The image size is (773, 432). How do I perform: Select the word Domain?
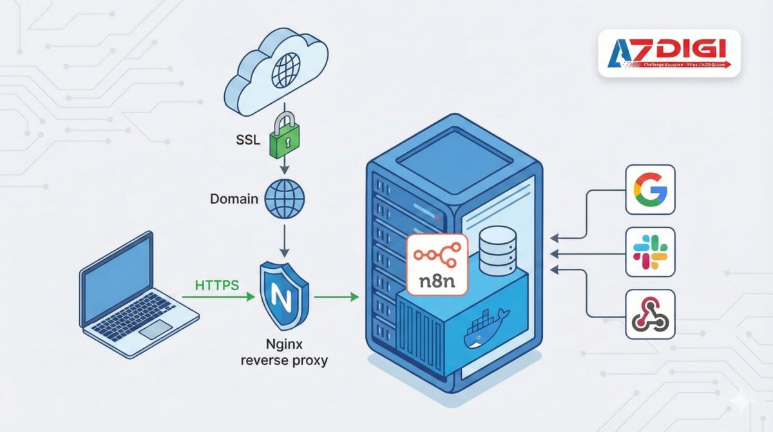[x=234, y=198]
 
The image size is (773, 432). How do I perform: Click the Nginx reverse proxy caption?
[x=283, y=352]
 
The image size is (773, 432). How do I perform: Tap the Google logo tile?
[x=650, y=190]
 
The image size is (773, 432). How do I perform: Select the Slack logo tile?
[x=650, y=251]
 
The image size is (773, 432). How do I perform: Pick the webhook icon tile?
[x=650, y=315]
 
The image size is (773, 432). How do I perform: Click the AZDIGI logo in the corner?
[x=669, y=53]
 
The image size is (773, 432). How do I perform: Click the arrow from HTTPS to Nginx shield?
[x=219, y=297]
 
